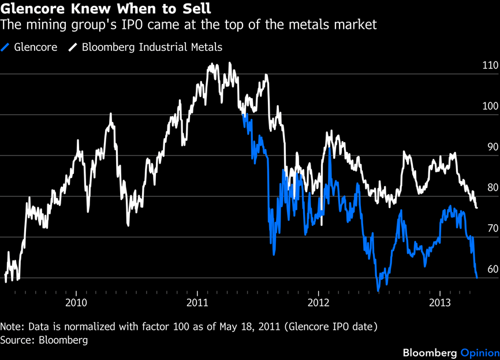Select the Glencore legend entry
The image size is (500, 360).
pyautogui.click(x=35, y=47)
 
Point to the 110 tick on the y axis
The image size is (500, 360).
pyautogui.click(x=490, y=66)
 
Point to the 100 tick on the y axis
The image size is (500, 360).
pyautogui.click(x=490, y=107)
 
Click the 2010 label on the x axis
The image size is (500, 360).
pyautogui.click(x=76, y=302)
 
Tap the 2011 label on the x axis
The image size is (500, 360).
pyautogui.click(x=197, y=302)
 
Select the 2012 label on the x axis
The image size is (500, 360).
pyautogui.click(x=319, y=302)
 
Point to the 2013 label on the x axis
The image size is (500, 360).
pyautogui.click(x=440, y=302)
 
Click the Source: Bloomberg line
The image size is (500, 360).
pyautogui.click(x=44, y=340)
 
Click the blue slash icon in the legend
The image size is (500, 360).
pyautogui.click(x=6, y=47)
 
